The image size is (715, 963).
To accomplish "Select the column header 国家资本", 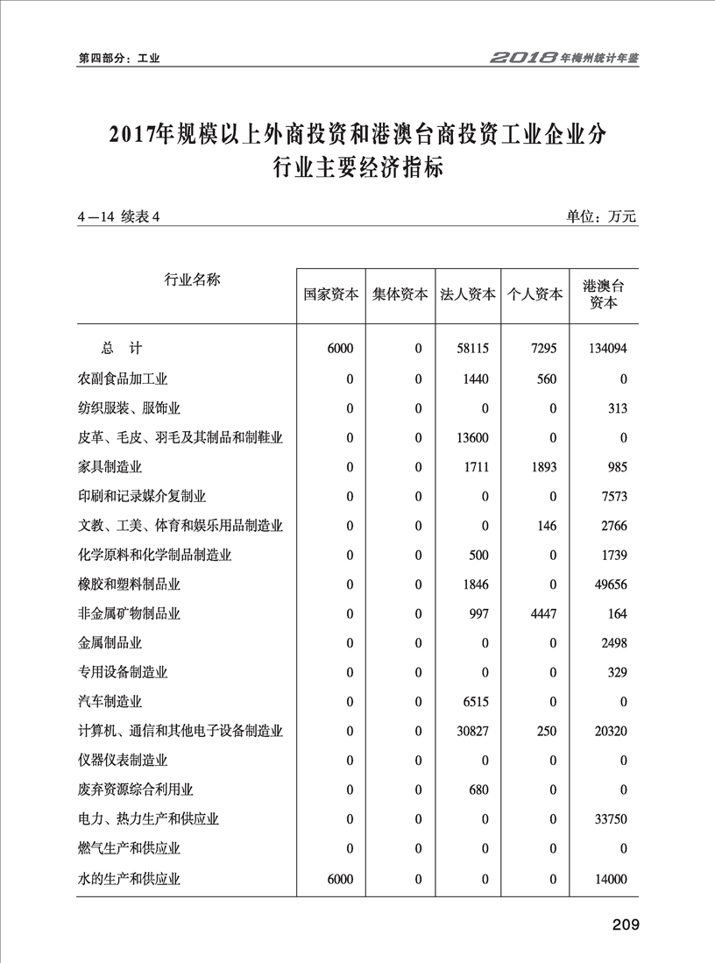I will [330, 295].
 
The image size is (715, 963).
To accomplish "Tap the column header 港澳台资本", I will [603, 294].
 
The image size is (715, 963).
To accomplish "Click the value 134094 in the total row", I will [605, 349].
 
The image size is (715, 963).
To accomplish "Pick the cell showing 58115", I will [472, 349].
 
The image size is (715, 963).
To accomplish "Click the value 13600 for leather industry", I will [472, 437].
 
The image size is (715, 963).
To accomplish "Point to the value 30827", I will [472, 731].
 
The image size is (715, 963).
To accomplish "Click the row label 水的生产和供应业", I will [129, 878].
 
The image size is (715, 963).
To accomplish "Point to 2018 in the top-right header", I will [524, 58].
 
